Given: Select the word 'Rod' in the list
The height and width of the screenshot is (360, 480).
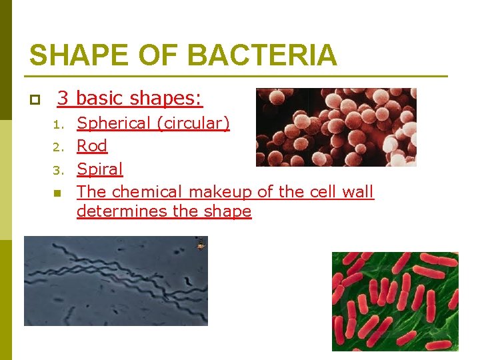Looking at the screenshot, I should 92,146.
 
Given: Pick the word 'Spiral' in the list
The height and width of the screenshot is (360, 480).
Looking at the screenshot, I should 100,169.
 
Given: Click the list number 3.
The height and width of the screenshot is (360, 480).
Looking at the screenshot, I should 59,170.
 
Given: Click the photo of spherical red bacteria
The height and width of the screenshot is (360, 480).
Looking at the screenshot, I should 336,127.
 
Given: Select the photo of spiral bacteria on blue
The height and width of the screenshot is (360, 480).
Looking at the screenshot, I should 116,281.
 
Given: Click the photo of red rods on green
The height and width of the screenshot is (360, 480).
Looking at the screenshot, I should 395,301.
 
